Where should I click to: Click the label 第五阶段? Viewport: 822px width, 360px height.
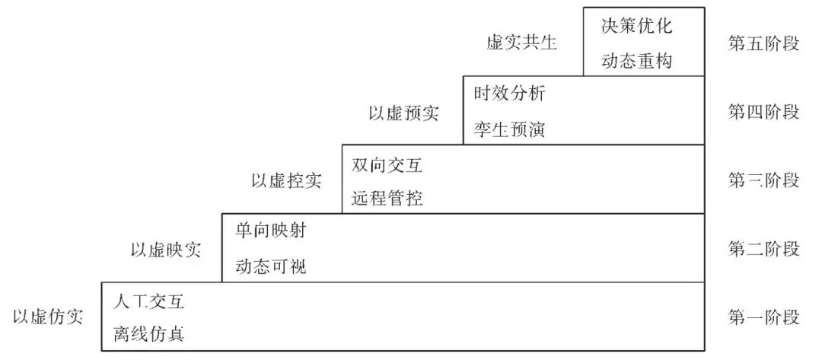click(x=763, y=43)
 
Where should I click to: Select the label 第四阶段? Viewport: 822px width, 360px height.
click(x=763, y=112)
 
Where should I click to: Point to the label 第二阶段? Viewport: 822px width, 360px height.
click(x=763, y=249)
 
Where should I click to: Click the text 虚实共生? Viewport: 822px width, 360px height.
click(x=522, y=43)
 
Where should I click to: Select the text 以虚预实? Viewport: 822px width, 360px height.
click(x=403, y=113)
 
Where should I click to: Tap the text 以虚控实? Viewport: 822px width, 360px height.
click(x=286, y=181)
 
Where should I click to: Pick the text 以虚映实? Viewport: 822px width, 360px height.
click(x=166, y=250)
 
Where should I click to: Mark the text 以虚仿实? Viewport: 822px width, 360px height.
click(x=48, y=317)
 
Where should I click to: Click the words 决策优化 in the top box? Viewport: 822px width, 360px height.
click(x=637, y=26)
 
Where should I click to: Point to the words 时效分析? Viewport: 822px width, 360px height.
click(x=509, y=94)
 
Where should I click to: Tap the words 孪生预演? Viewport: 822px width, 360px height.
click(x=509, y=129)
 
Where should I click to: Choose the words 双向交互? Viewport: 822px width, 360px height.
click(x=387, y=164)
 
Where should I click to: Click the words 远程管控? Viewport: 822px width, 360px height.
click(x=387, y=199)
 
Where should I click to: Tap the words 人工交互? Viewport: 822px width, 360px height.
click(x=148, y=301)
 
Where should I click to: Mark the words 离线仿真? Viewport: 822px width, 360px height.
click(x=148, y=335)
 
